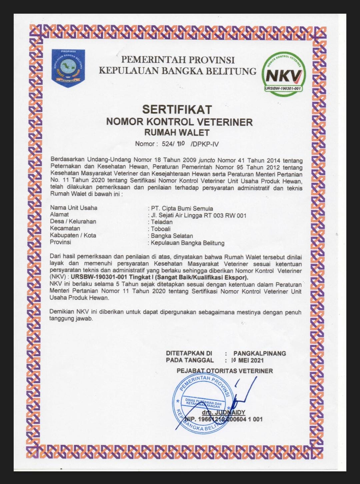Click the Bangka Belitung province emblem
(68, 68)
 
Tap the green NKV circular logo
(283, 73)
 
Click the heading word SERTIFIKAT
(177, 109)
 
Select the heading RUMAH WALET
(177, 132)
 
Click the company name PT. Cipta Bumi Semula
(182, 208)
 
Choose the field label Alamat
(59, 215)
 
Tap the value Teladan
(162, 222)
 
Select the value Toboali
(161, 229)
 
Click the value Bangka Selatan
(172, 236)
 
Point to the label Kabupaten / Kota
(73, 235)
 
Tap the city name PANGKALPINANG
(260, 353)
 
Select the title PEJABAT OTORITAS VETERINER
(225, 371)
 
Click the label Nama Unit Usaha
(74, 208)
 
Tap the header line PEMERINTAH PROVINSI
(178, 60)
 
